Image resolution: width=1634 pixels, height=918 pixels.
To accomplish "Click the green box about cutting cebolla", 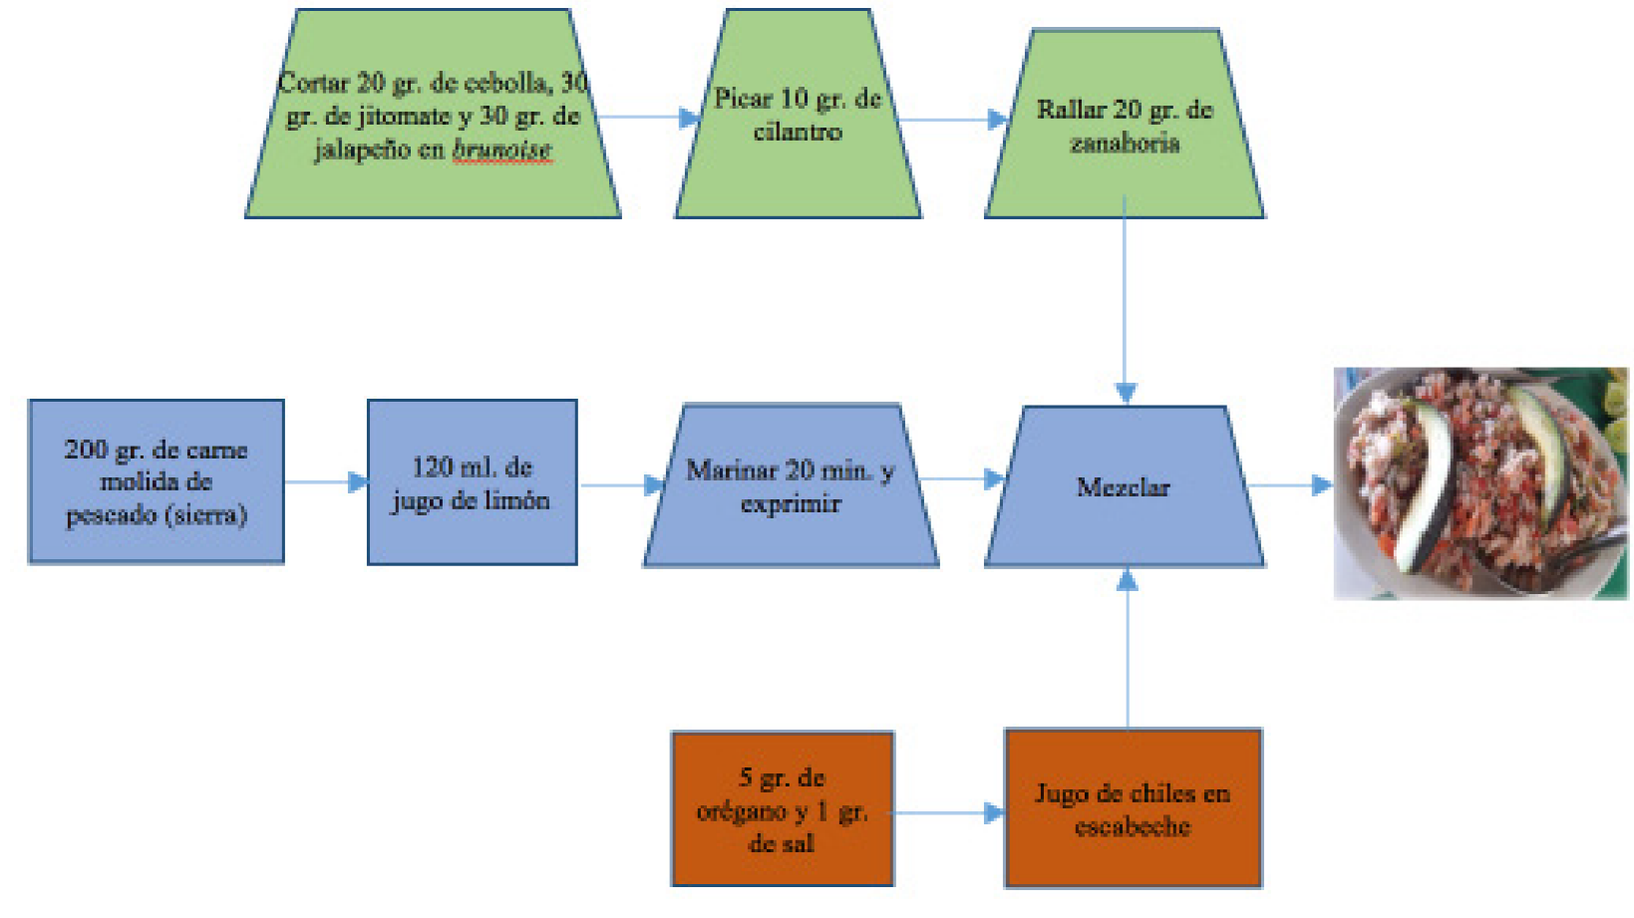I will coord(433,115).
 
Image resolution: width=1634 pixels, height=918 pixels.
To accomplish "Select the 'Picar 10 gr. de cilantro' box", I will coord(798,115).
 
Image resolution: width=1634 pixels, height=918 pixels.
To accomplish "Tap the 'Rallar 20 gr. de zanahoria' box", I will coord(1125,125).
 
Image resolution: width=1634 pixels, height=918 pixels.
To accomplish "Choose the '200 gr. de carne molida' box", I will coord(157,482).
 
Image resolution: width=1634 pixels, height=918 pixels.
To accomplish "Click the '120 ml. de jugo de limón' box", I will coord(472,482).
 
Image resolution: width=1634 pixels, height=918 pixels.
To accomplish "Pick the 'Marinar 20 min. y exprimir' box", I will coord(791,485).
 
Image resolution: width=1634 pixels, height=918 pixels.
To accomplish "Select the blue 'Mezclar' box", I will coord(1125,486).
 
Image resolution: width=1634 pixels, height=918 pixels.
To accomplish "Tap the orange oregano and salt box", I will coord(783,809).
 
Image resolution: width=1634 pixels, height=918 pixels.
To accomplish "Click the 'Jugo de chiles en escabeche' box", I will coord(1133,808).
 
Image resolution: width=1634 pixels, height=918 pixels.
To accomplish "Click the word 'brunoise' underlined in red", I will coord(502,150).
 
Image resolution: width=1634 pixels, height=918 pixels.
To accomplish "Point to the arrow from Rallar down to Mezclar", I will coord(1125,299).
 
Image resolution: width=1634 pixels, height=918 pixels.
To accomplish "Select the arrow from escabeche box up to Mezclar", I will coord(1128,648).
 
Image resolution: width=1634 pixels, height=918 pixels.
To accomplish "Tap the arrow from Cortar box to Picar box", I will coord(648,118).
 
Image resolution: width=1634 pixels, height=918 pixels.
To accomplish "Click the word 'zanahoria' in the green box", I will coord(1125,144).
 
